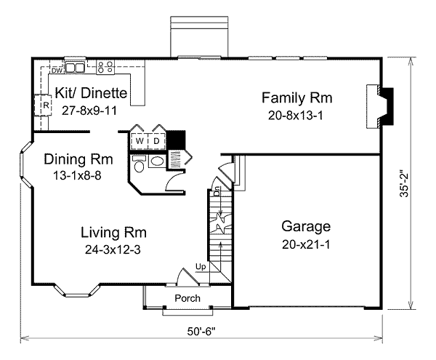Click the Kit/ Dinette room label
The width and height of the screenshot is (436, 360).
pos(92,93)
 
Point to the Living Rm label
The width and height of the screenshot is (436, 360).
pos(114,233)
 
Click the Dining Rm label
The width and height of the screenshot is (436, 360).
pos(78,159)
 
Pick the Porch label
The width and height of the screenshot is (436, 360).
pos(187,299)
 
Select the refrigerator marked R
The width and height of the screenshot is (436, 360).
pos(45,106)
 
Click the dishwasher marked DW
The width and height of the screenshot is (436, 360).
pos(57,70)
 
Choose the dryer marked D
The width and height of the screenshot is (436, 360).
pos(156,140)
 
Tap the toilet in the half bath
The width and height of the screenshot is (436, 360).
pos(140,165)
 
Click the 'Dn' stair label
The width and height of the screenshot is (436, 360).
pos(217,192)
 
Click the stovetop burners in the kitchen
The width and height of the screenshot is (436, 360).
pos(104,68)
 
